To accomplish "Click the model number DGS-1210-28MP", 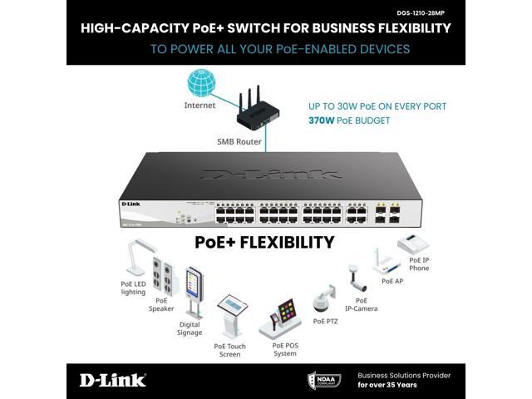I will point(426,12).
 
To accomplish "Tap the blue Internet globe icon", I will point(199,83).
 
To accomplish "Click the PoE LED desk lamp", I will point(135,258).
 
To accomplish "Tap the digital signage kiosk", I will point(193,291).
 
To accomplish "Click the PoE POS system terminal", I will point(283,316).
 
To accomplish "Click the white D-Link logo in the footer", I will point(113,380).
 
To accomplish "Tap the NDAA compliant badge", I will point(324,380).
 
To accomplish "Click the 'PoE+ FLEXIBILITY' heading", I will point(264,243).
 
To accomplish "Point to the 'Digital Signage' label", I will point(190,328).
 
